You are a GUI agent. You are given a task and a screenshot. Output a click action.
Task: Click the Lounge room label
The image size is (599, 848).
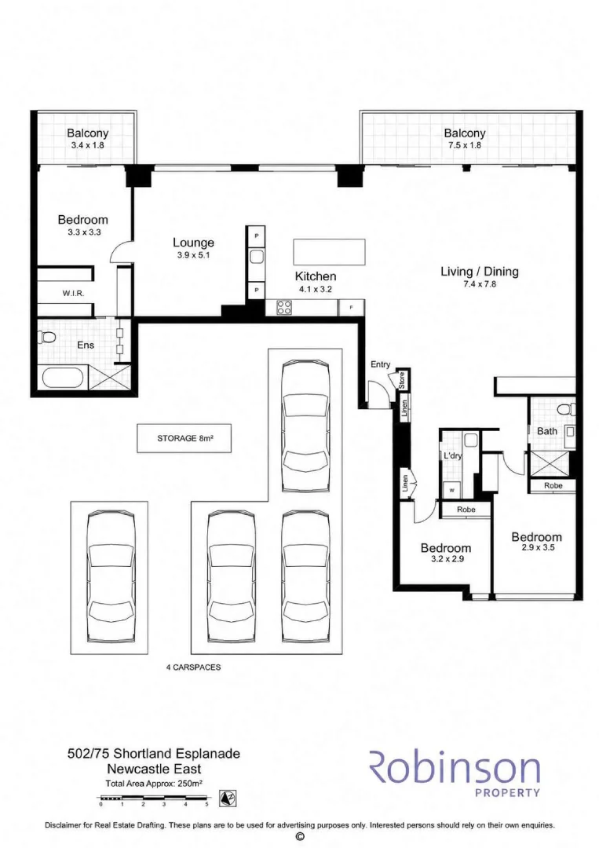(194, 243)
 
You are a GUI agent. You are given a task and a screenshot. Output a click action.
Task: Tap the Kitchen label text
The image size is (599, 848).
(315, 276)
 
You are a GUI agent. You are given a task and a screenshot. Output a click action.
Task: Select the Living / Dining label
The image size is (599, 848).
(480, 272)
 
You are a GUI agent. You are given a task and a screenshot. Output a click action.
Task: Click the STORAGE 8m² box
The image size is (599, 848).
(184, 438)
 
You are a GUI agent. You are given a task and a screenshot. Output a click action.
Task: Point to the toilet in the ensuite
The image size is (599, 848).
(48, 338)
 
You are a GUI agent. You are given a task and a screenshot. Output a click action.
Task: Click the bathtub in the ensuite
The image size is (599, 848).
(64, 376)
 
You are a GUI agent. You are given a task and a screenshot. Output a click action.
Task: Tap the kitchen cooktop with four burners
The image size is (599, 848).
(284, 307)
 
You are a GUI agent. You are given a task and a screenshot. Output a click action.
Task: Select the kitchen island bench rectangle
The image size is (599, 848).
(329, 252)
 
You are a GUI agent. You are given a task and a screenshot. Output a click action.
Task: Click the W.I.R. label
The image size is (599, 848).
(73, 293)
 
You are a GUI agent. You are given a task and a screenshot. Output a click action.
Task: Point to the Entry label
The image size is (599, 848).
(380, 364)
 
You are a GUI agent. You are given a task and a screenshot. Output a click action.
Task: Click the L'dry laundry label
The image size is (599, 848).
(452, 455)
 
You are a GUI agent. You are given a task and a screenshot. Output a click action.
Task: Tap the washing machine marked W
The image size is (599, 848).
(451, 490)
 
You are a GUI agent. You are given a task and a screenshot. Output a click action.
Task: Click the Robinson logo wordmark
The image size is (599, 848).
(454, 767)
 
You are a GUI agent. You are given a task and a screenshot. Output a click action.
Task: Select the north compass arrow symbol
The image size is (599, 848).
(228, 799)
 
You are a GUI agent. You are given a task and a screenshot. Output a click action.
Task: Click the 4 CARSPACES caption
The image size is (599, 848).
(193, 667)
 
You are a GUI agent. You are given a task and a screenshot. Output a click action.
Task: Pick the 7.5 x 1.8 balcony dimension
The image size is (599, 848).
(465, 145)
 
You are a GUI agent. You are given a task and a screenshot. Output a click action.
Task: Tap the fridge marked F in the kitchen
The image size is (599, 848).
(352, 308)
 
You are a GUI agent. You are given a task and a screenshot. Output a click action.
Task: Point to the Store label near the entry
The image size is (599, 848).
(402, 380)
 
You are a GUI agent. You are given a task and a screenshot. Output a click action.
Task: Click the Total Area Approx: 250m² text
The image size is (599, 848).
(154, 783)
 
